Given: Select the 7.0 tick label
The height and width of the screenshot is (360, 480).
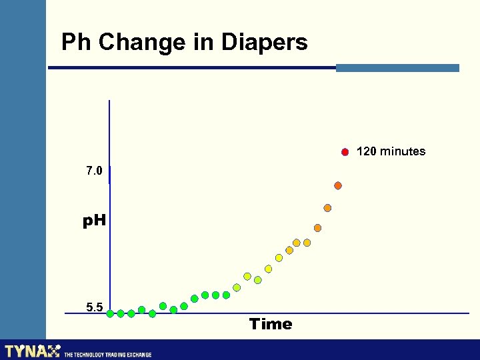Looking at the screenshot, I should click(94, 171).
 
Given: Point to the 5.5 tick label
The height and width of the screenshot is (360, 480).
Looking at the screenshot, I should click(94, 307).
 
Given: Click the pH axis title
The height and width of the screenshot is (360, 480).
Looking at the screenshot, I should click(94, 221).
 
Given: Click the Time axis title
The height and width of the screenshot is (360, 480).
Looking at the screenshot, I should click(271, 325).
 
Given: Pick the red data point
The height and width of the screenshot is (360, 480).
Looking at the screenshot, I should click(345, 152).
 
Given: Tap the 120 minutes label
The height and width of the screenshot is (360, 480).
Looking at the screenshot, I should click(391, 151).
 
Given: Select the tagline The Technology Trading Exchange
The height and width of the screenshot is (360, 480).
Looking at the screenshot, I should click(107, 355).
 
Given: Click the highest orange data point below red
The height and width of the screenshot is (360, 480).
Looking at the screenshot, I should click(338, 185).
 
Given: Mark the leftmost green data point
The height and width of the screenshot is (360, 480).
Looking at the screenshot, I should click(110, 313).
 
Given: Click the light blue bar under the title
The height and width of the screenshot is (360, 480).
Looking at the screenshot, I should click(397, 68).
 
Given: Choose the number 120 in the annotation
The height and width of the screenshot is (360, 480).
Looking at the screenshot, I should click(366, 151).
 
